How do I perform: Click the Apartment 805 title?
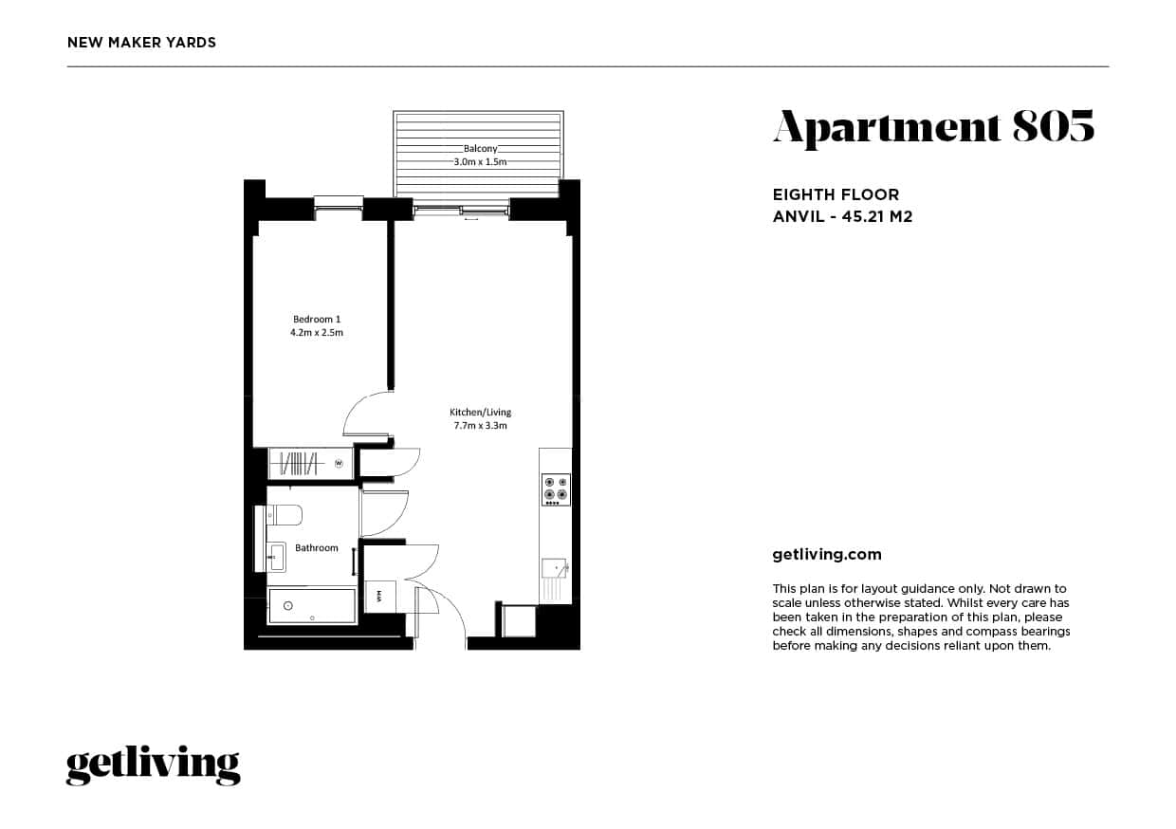coord(933,127)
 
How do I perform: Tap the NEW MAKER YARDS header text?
coord(142,43)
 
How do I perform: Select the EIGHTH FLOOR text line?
coord(836,195)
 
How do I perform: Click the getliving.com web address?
coord(827,555)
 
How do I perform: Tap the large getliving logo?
coord(153,765)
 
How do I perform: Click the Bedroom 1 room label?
coord(317,319)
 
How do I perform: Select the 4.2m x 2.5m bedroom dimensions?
coord(317,333)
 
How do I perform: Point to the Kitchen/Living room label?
coord(480,412)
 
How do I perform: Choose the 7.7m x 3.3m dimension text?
coord(480,426)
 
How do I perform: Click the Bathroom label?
coord(317,548)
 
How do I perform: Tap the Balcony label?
coord(480,149)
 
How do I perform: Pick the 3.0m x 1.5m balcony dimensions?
coord(480,162)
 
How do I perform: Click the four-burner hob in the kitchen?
coord(555,488)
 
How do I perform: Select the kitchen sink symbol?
coord(554,568)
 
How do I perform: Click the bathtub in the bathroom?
coord(312,606)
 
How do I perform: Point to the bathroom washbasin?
coord(276,556)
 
